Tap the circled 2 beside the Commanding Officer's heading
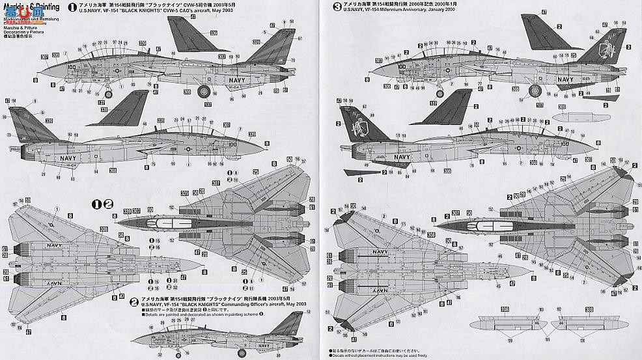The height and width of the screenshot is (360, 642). [133, 301]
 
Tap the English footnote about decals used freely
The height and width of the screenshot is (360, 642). [378, 356]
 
